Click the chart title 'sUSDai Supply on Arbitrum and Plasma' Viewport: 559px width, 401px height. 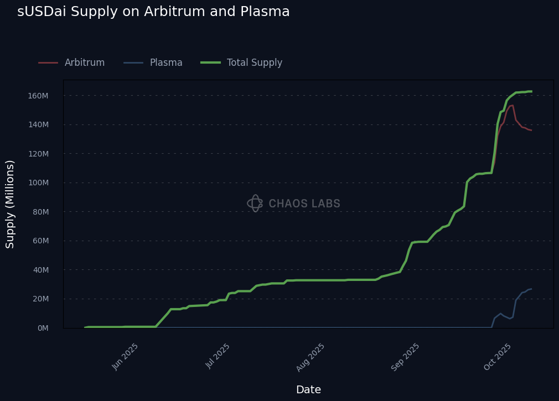click(153, 12)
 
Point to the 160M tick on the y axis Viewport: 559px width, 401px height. click(38, 96)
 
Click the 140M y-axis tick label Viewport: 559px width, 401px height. click(38, 124)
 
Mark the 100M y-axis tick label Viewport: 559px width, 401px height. click(38, 183)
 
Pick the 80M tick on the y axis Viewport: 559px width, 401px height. click(40, 212)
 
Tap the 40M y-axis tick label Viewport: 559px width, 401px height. click(40, 270)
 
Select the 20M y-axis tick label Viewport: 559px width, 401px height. click(40, 299)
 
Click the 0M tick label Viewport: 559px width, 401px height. click(43, 328)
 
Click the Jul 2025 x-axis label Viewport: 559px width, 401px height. click(218, 356)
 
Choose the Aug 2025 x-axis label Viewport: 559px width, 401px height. click(311, 357)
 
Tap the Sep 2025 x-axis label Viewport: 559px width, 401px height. click(406, 357)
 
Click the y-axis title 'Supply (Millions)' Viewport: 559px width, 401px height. click(11, 204)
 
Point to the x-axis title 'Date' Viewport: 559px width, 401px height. click(308, 390)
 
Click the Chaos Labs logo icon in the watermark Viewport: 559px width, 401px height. click(255, 204)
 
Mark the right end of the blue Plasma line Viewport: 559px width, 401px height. click(531, 289)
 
